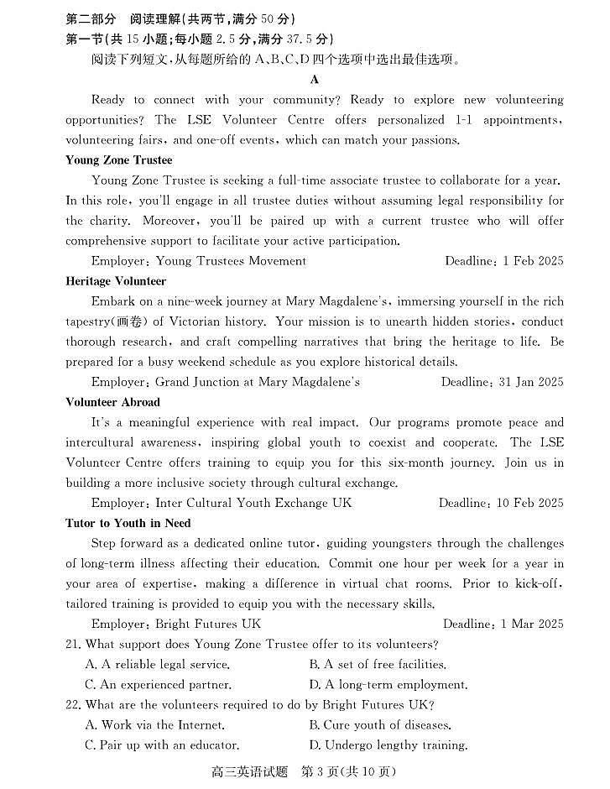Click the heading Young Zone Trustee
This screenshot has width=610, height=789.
pyautogui.click(x=118, y=160)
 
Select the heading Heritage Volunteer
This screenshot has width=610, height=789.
pyautogui.click(x=116, y=281)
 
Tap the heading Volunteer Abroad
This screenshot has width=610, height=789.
pyautogui.click(x=112, y=402)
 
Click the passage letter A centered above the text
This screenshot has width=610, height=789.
pyautogui.click(x=315, y=80)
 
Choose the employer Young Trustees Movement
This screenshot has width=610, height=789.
pyautogui.click(x=231, y=261)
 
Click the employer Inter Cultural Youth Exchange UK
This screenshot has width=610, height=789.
pyautogui.click(x=253, y=503)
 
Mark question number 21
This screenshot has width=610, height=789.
pyautogui.click(x=74, y=645)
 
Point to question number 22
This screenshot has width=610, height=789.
pyautogui.click(x=74, y=705)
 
